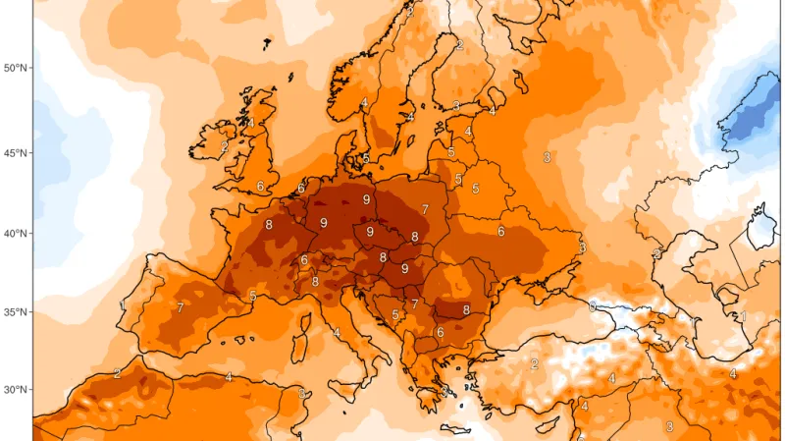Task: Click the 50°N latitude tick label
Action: coord(16,68)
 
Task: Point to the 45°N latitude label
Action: coord(16,153)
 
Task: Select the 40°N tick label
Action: coord(16,234)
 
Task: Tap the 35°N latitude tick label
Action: coord(16,312)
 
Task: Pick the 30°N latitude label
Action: coord(16,390)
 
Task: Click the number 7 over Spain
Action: coord(181,308)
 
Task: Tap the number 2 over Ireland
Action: coord(224,147)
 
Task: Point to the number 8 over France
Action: coord(269,225)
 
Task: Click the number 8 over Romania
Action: coord(466,309)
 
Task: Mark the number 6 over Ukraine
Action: coord(500,232)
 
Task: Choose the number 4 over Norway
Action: coord(364,102)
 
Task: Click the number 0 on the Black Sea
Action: coord(592,306)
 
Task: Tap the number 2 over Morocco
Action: coord(117,373)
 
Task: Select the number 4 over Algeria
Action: coord(229,377)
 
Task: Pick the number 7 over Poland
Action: coord(425,209)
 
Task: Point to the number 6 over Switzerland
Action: coord(304,260)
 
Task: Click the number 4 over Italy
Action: coord(337,333)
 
